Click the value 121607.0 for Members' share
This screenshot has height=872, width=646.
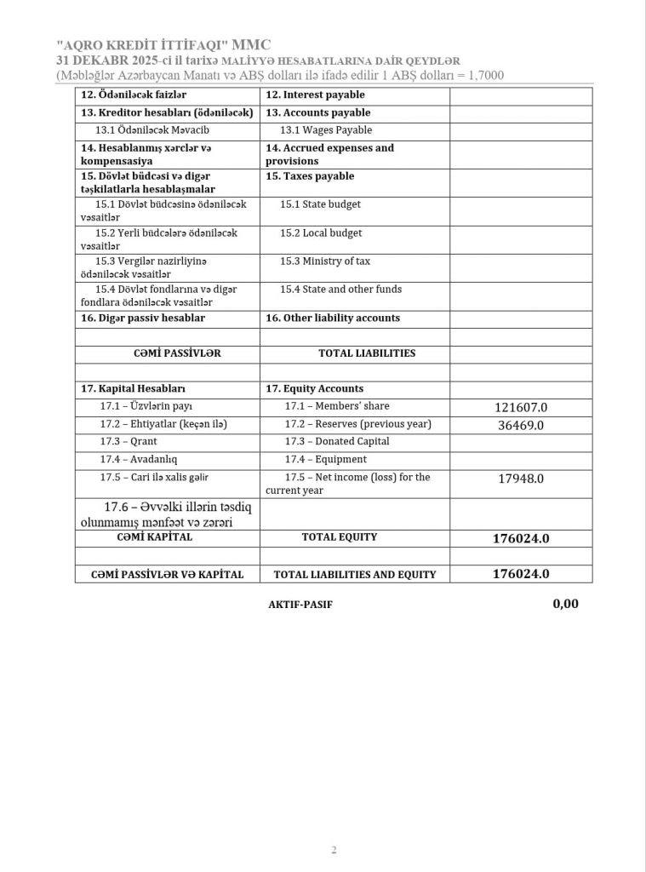pos(521,407)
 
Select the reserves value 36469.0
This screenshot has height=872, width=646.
pos(521,425)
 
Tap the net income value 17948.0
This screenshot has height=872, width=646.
pos(521,479)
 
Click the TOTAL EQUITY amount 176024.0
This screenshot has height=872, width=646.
pos(521,538)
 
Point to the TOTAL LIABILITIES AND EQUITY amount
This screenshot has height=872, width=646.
pos(521,574)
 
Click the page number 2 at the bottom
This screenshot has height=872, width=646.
pos(334,850)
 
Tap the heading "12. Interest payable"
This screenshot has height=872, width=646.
pos(315,95)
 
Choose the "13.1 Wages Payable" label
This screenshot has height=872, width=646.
pos(326,130)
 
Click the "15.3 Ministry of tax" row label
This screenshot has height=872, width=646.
pos(325,261)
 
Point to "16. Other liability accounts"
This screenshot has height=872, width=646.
pos(332,318)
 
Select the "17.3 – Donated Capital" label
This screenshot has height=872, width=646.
pos(337,441)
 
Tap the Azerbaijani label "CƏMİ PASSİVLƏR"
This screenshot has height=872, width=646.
pos(166,353)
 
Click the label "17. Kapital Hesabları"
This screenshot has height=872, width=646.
pos(134,388)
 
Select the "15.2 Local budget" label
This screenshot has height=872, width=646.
pos(321,232)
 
